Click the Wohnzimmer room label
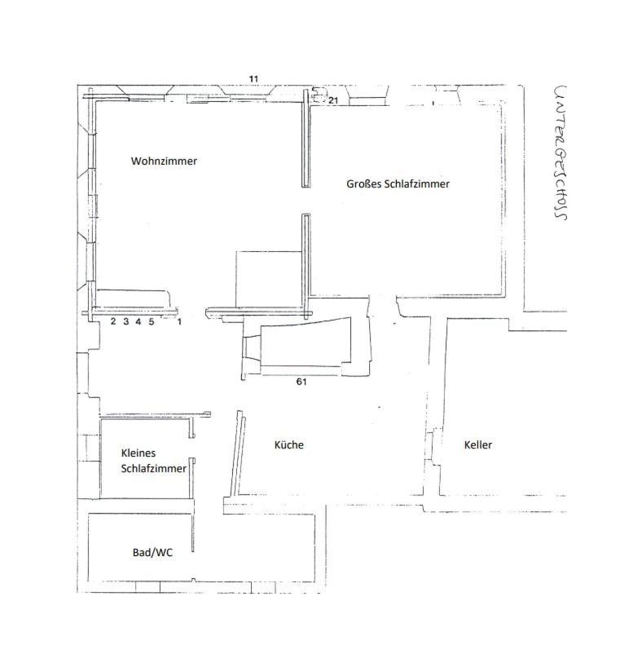pos(164,161)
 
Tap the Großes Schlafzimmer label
pos(398,183)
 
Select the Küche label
pos(289,444)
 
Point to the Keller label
pos(478,444)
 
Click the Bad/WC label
pos(152,552)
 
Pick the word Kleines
pos(139,453)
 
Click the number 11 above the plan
pos(254,79)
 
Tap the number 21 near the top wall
pos(333,100)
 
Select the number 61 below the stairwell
pos(301,382)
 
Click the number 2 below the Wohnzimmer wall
pos(113,321)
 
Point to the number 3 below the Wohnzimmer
pos(126,321)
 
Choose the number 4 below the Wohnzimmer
pos(139,321)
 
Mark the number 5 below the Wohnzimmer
pos(152,321)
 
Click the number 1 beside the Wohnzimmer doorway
pos(179,321)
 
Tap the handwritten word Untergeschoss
pos(561,153)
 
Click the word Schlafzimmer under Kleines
pos(154,468)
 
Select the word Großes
pos(363,183)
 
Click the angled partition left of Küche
pos(238,454)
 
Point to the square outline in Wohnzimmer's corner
pos(236,279)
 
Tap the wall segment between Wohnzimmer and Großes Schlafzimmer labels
pos(306,139)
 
